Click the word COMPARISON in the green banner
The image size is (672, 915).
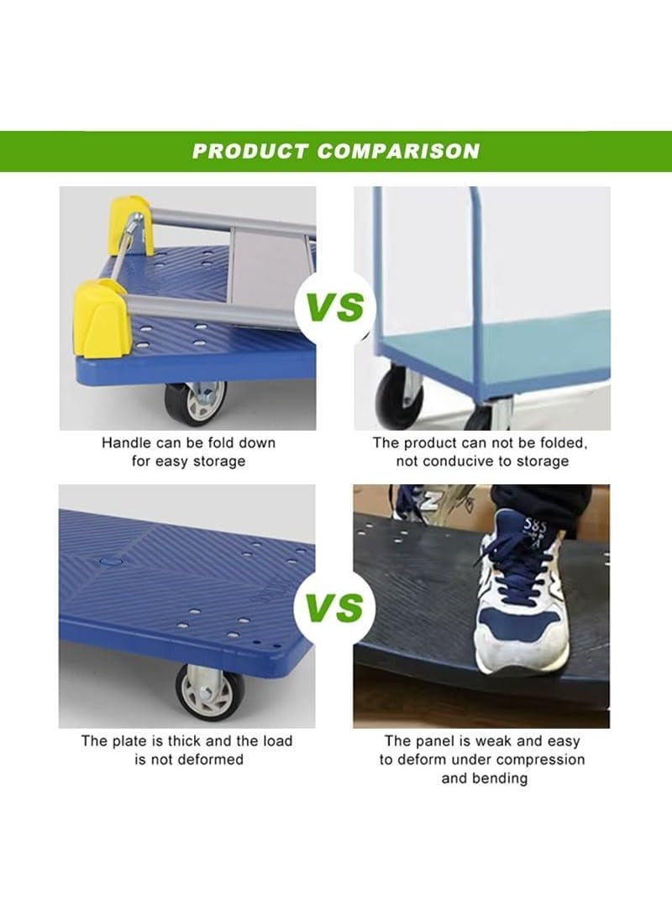pos(398,152)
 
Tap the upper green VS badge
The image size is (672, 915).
pos(335,307)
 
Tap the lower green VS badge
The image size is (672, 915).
pos(335,607)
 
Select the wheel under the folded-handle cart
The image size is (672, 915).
pos(196,404)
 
